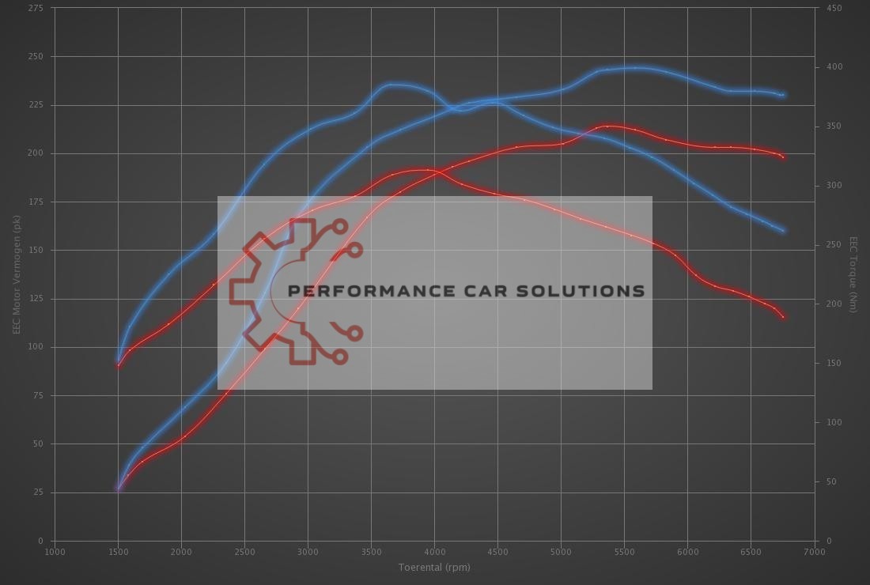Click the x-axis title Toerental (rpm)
point(434,567)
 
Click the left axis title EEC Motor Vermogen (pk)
point(16,274)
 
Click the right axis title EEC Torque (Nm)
point(853,274)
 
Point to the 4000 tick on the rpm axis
point(434,552)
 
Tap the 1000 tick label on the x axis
point(55,552)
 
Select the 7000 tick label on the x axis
point(814,552)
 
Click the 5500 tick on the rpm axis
point(624,552)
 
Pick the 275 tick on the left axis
point(36,8)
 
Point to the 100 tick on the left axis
point(36,347)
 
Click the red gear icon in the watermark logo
point(269,291)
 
